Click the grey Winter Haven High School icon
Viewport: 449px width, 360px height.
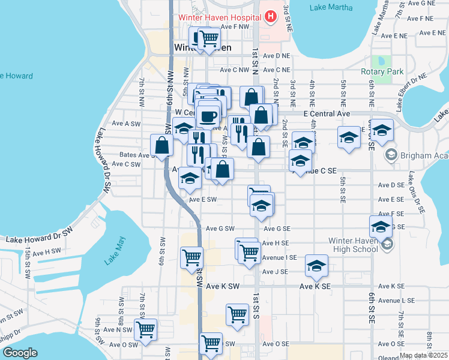tap(388, 244)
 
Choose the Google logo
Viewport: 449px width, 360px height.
tap(19, 353)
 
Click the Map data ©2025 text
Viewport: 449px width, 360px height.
tap(423, 355)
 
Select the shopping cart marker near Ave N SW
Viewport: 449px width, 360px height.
tap(145, 329)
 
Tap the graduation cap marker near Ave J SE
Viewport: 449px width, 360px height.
tap(317, 266)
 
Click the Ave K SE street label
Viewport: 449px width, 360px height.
tap(315, 287)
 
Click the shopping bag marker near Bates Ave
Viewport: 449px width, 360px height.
tap(162, 145)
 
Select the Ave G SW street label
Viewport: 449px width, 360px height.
tap(220, 229)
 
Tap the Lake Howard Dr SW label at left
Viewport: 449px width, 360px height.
tap(39, 239)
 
